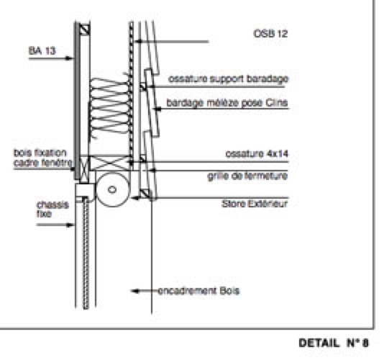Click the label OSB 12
click(x=270, y=34)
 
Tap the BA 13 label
click(x=42, y=51)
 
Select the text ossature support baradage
click(x=229, y=79)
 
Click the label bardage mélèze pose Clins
click(x=227, y=103)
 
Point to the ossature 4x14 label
click(x=257, y=154)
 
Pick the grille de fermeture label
click(x=247, y=176)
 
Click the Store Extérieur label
click(x=255, y=204)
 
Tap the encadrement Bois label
click(x=198, y=291)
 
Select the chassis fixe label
click(x=52, y=210)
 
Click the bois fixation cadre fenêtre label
click(x=43, y=158)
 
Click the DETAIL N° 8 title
click(x=334, y=343)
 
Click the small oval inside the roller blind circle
click(x=112, y=189)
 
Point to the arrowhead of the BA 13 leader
click(x=70, y=58)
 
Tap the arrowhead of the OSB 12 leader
click(x=138, y=42)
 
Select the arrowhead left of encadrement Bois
click(x=135, y=291)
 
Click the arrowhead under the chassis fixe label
click(x=70, y=225)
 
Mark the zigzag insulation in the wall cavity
click(x=109, y=107)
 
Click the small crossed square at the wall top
click(x=85, y=30)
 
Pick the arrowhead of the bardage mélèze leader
click(x=157, y=109)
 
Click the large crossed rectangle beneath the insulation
click(x=110, y=163)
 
